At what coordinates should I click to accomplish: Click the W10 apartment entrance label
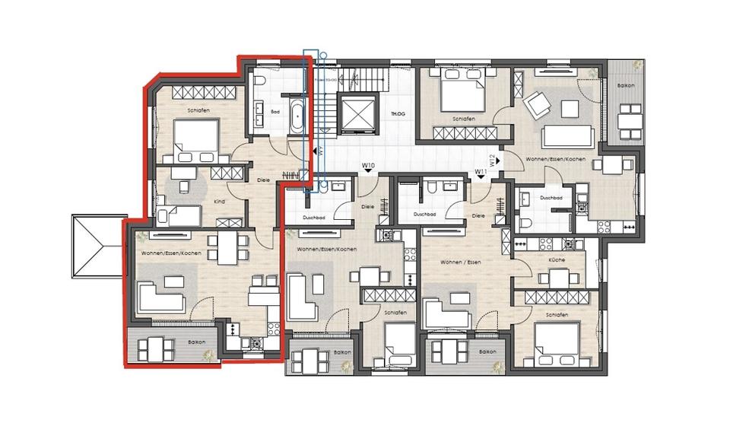coord(369,165)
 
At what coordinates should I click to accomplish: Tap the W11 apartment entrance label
coord(481,172)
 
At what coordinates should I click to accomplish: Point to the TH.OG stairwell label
coord(397,114)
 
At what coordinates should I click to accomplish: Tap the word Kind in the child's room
coord(219,202)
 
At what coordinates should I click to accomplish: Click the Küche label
coord(556,259)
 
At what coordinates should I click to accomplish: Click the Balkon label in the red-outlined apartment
coord(196,342)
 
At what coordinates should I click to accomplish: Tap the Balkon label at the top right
coord(626,85)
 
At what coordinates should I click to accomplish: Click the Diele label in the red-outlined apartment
coord(264,180)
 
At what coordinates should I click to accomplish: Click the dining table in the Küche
coord(560,278)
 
